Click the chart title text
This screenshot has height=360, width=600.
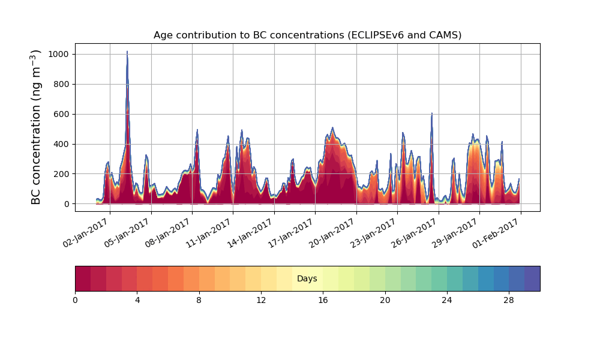(307, 35)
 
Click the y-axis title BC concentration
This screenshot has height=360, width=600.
(37, 127)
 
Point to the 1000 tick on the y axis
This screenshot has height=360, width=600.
(58, 54)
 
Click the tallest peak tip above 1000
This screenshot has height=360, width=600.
(127, 52)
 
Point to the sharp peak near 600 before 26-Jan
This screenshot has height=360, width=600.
(431, 113)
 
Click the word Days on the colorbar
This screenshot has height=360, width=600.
(307, 278)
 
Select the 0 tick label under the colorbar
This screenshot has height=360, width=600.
(75, 299)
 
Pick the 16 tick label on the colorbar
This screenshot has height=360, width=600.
(323, 299)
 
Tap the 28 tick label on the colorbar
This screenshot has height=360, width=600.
(509, 299)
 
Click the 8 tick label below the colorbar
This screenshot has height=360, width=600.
(199, 299)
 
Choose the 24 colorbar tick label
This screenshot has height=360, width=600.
(447, 299)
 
